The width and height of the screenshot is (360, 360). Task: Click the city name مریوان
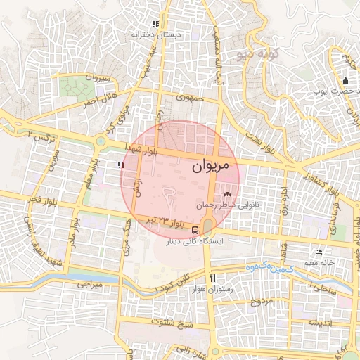(x=210, y=166)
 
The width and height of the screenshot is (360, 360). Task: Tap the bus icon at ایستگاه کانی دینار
(x=195, y=230)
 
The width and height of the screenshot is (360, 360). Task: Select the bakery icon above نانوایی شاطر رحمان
(x=226, y=194)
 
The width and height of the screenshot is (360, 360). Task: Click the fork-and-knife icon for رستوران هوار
(x=213, y=278)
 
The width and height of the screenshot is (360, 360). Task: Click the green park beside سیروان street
(x=75, y=87)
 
